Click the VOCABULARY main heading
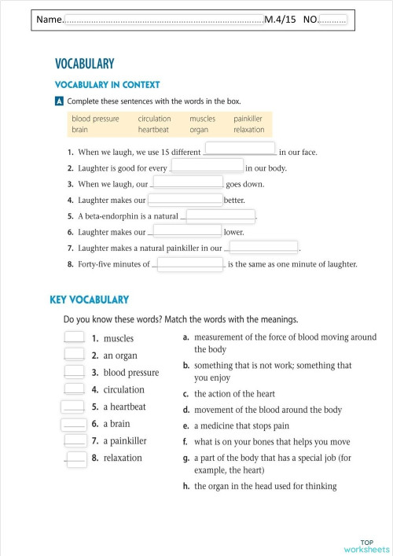85,64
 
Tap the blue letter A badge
59,101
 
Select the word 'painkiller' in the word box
248,119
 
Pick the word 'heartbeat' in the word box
153,130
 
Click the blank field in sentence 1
240,149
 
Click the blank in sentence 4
185,198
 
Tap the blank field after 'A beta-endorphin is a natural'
220,215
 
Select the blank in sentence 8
190,263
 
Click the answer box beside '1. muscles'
74,337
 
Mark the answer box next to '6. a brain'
74,423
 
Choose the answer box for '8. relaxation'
76,458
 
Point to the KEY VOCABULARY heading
89,300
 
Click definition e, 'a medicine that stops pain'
244,426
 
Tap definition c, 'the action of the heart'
236,393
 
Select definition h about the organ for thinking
266,486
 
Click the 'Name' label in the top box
49,19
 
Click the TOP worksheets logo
366,546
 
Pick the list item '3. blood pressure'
125,373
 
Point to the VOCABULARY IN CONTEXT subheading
107,85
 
